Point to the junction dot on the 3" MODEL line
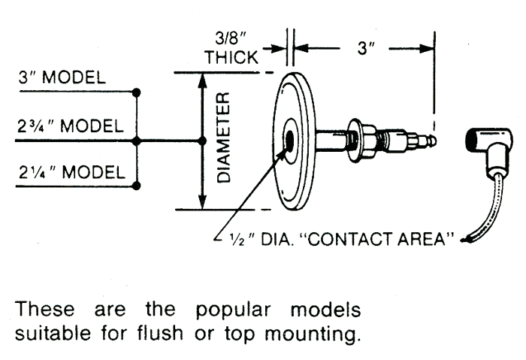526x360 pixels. (136, 92)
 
